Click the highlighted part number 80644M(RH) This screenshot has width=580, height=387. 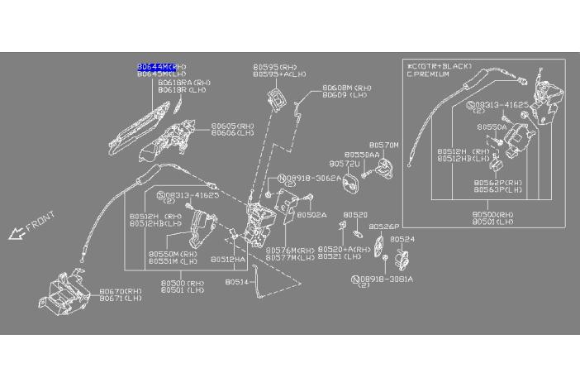(x=161, y=65)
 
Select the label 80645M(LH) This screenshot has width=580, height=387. (x=161, y=73)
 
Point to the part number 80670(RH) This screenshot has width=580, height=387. (x=121, y=291)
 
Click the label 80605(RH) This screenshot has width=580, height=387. (x=232, y=126)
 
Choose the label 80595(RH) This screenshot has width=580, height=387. (x=275, y=66)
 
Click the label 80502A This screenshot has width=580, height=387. (x=312, y=214)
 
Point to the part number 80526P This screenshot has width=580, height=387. (x=384, y=226)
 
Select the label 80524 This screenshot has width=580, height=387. (x=402, y=238)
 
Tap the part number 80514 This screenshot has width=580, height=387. (x=236, y=282)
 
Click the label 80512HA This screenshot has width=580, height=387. (x=228, y=259)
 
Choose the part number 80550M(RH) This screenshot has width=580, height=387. (x=173, y=254)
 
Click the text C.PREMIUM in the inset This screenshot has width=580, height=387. (x=428, y=74)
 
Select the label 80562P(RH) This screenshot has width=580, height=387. (x=498, y=182)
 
